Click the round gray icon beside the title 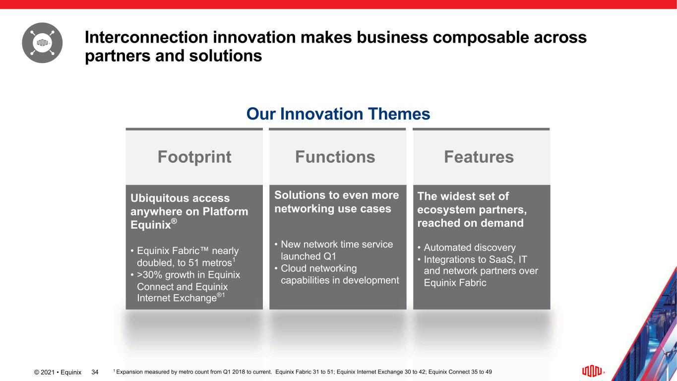[42, 43]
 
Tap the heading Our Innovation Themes [338, 114]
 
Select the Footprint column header [194, 157]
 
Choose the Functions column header [335, 157]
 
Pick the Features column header [479, 157]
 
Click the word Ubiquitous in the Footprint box [159, 198]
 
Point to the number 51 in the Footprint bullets [194, 262]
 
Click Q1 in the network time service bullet [329, 256]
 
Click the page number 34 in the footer [95, 372]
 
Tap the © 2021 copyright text [44, 372]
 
